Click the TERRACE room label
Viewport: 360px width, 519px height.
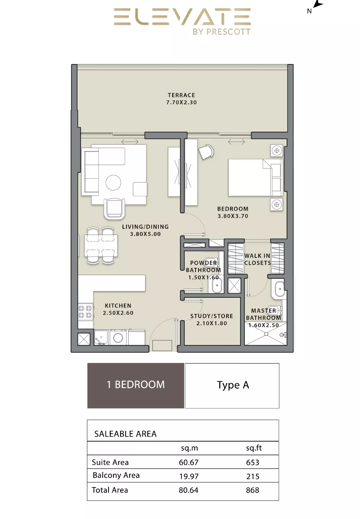tap(182, 95)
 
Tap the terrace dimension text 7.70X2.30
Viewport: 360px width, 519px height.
tap(182, 102)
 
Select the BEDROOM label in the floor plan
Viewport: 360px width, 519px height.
tap(233, 209)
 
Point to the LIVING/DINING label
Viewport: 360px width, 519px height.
tap(145, 226)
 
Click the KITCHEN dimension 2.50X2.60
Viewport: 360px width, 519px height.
tap(118, 313)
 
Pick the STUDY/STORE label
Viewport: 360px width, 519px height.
tap(212, 316)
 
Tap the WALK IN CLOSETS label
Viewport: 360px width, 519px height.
tap(257, 259)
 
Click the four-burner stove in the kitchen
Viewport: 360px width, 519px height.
tap(85, 311)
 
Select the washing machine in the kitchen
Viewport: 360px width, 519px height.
tap(118, 338)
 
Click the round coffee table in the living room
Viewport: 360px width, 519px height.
tap(113, 182)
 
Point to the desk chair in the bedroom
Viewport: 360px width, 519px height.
tap(206, 152)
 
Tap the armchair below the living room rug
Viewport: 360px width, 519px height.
tap(114, 209)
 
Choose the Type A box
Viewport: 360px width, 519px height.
tap(232, 385)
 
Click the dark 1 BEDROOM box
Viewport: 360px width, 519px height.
tap(136, 385)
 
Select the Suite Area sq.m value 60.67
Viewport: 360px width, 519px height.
tap(189, 462)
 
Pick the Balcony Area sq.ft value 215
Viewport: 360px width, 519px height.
tap(253, 477)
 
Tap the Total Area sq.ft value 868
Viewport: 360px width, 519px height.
tap(253, 490)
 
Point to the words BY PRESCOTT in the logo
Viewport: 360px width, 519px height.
tap(222, 32)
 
